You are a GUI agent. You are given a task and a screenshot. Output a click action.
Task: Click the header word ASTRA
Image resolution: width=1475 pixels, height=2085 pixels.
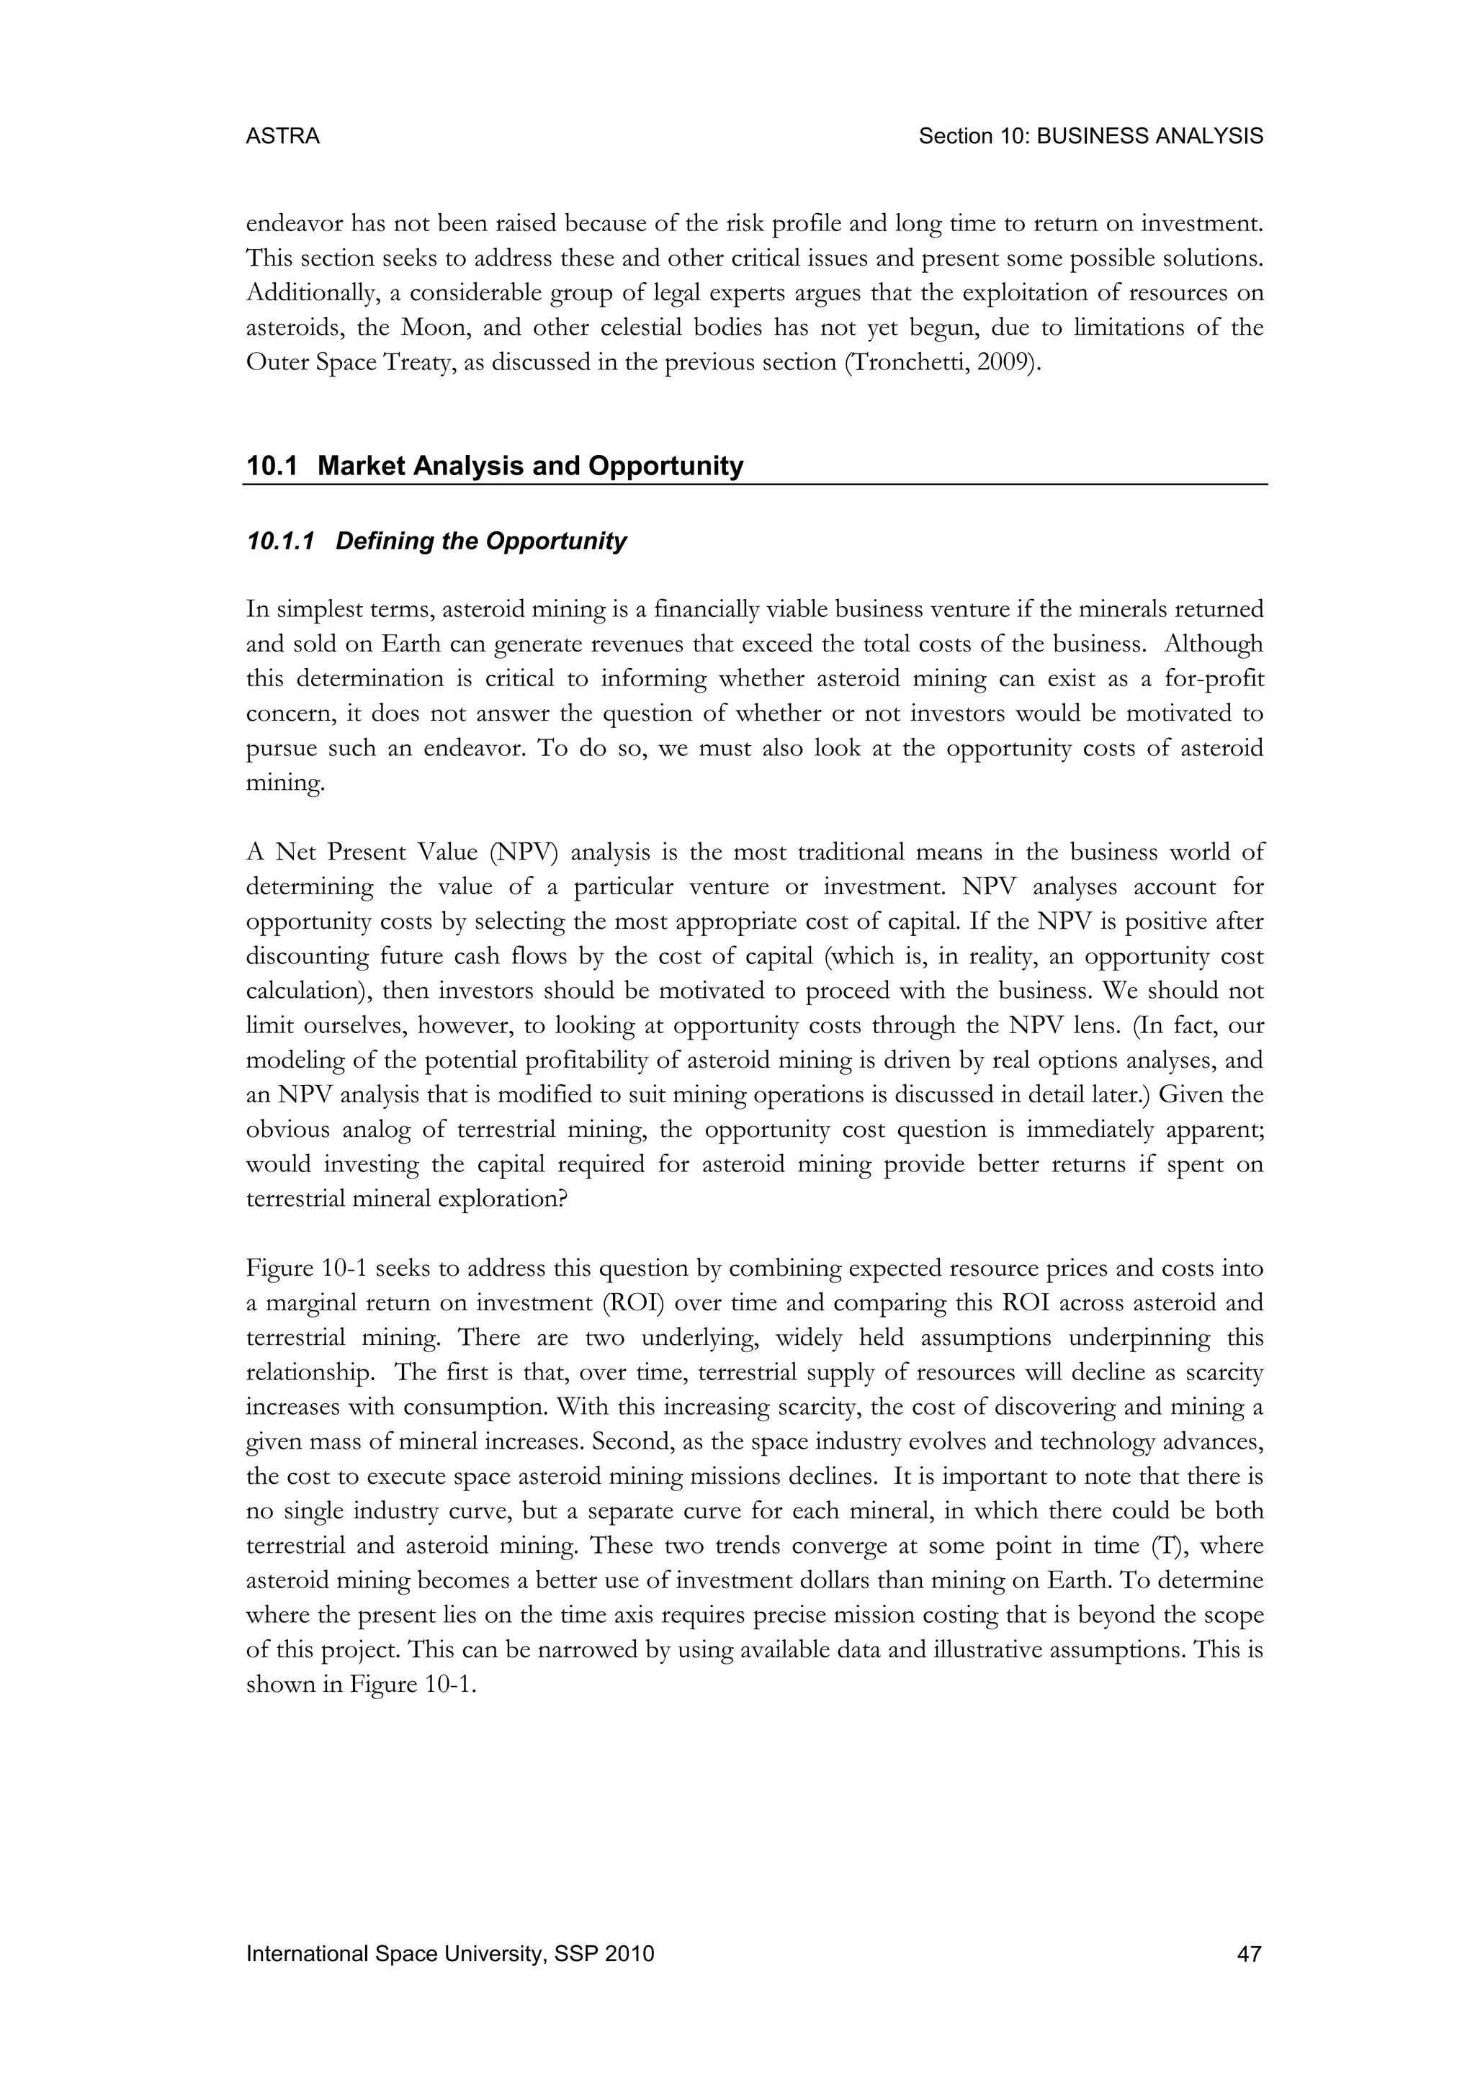(282, 136)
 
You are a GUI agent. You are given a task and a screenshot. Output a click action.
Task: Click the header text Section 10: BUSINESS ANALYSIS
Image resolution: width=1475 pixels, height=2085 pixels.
(1090, 136)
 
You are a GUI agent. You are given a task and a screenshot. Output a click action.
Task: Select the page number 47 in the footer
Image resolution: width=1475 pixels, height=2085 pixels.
(1250, 1953)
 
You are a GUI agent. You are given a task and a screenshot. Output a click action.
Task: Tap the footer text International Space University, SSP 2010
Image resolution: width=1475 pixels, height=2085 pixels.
(449, 1953)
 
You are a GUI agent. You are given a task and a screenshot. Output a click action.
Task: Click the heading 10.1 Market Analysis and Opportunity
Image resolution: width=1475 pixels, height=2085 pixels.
(495, 466)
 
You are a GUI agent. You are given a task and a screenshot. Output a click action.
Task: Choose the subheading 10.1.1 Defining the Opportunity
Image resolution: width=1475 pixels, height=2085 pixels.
(436, 541)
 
